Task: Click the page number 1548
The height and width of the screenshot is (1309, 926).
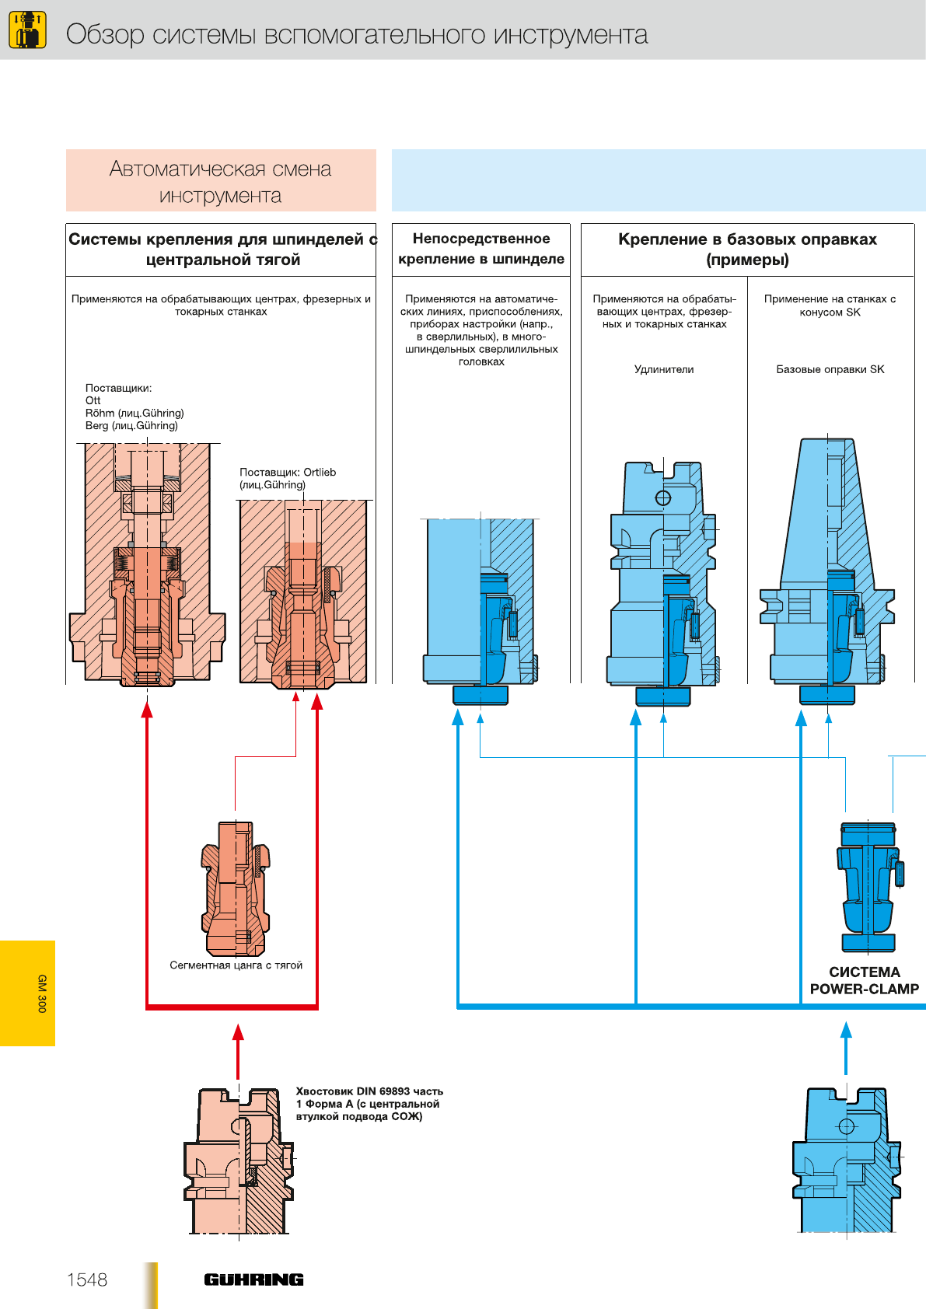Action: (x=87, y=1279)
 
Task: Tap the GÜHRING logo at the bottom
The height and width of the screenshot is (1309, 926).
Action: (x=253, y=1279)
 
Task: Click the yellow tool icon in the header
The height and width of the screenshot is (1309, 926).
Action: (x=27, y=30)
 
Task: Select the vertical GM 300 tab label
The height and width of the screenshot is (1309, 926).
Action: (x=42, y=993)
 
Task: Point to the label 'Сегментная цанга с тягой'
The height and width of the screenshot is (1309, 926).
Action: (x=236, y=965)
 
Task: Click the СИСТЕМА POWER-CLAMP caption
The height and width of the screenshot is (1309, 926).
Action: (x=864, y=980)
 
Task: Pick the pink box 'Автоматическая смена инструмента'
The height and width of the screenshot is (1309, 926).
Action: (x=221, y=181)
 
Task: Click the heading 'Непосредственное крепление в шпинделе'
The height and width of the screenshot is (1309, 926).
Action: (x=481, y=249)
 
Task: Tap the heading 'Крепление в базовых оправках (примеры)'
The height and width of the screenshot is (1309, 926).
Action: (x=747, y=250)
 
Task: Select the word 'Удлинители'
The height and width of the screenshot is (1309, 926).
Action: (x=664, y=369)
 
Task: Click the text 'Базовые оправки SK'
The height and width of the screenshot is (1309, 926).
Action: (x=830, y=369)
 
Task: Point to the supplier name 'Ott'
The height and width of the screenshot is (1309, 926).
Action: (x=93, y=400)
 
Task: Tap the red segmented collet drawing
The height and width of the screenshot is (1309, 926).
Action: (x=236, y=888)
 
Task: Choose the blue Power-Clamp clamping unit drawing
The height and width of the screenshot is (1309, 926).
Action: (x=868, y=886)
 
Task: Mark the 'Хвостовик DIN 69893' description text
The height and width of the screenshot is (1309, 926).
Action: (x=369, y=1104)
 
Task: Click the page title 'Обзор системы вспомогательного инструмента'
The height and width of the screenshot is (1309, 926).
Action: (x=357, y=34)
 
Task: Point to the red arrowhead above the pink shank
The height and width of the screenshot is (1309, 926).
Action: (x=238, y=1032)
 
